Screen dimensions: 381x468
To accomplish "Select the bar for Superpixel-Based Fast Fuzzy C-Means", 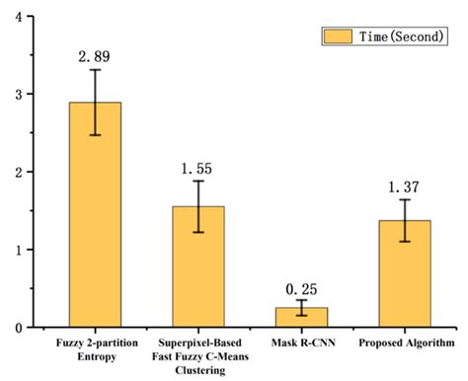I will (x=198, y=276).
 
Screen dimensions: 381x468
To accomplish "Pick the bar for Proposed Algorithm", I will (x=405, y=281).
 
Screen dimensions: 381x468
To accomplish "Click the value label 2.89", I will (x=95, y=56).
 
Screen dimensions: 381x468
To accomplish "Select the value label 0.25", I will (x=301, y=287).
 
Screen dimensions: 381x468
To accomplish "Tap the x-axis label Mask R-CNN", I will (x=301, y=343).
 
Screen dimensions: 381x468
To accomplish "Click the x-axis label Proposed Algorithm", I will (x=405, y=343).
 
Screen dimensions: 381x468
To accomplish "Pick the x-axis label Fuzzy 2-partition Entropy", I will (x=95, y=349).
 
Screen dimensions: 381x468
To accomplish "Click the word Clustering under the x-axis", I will (x=198, y=370).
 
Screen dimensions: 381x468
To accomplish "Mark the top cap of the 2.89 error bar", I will (x=95, y=69).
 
